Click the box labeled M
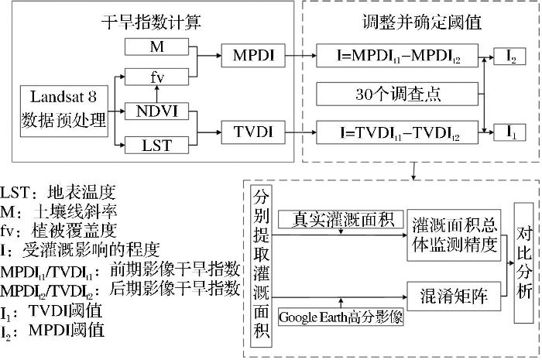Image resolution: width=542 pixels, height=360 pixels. (156, 46)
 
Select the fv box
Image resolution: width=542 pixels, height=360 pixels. (156, 77)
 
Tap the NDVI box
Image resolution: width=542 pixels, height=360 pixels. (156, 111)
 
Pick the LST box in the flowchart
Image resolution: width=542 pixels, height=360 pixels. (156, 145)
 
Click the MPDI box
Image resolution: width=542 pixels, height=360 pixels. (253, 55)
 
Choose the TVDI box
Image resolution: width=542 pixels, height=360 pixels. (253, 132)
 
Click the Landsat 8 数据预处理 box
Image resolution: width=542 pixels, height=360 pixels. (64, 111)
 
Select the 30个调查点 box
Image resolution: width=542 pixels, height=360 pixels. (397, 94)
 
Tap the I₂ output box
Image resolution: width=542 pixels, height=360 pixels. (509, 57)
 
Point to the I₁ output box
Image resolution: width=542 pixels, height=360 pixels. (509, 132)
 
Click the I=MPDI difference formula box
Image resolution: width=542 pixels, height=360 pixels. (397, 55)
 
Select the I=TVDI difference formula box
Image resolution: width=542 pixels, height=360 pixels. (397, 132)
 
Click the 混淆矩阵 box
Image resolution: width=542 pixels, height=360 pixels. (454, 296)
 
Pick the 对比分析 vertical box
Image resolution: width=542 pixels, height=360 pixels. (523, 263)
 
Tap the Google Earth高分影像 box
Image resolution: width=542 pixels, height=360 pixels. (341, 317)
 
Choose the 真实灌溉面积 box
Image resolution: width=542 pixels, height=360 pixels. (341, 219)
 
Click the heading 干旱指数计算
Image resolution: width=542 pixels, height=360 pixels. (151, 22)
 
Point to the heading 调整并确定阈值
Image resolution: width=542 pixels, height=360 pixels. (422, 22)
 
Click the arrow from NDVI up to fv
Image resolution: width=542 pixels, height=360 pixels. (157, 94)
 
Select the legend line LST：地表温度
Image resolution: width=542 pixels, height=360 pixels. (58, 193)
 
